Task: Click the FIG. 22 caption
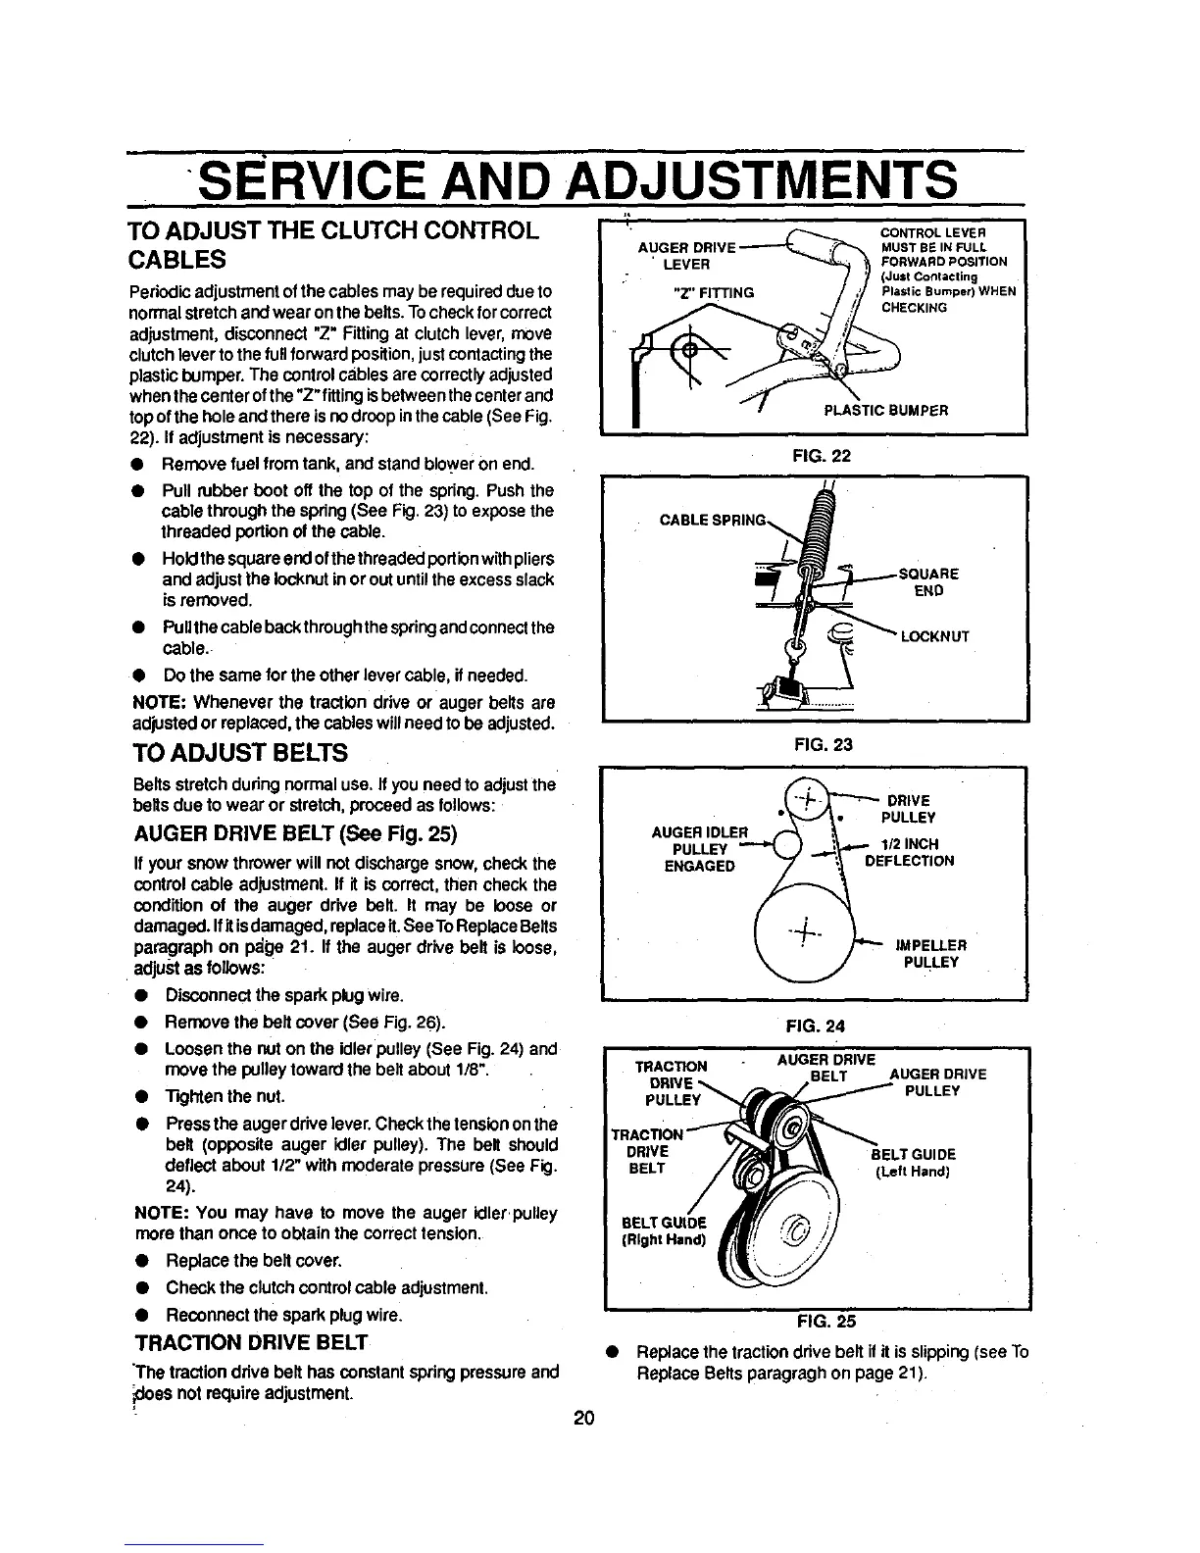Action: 812,456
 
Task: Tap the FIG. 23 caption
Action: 812,744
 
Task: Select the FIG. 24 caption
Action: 813,1027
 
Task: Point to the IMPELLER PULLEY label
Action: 931,954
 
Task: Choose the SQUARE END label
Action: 927,582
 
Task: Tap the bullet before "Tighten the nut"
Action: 143,1095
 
